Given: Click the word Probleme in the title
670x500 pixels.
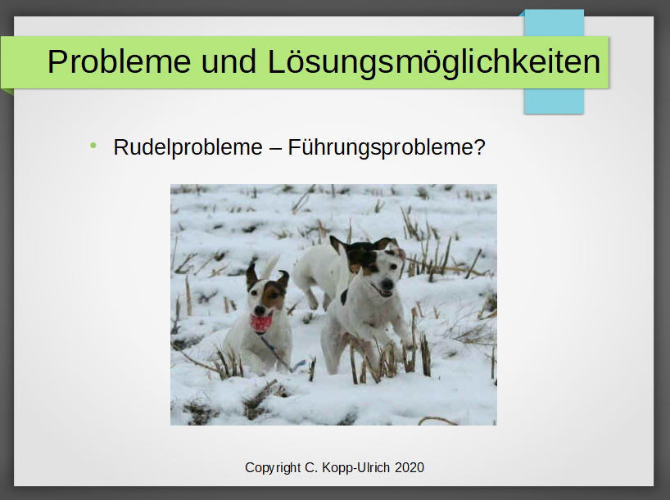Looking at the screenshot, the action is click(119, 62).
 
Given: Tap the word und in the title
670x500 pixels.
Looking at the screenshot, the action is click(229, 62).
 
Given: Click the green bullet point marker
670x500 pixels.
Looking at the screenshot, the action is click(93, 146).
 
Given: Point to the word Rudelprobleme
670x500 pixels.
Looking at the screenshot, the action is click(188, 148).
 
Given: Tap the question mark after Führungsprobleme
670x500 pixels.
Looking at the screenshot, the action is click(479, 146).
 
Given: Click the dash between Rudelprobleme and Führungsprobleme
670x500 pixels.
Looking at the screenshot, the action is click(275, 149).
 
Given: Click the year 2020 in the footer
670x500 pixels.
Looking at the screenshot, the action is click(410, 468).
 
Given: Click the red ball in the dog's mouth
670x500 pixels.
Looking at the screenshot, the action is click(261, 322).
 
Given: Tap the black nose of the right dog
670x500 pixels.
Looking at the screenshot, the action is click(387, 283).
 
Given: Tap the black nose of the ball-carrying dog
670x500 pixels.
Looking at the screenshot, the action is click(260, 309).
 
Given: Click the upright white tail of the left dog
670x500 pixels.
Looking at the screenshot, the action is click(270, 267).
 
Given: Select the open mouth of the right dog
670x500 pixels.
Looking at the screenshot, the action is click(383, 292).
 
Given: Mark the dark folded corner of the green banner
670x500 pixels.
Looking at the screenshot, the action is click(7, 92).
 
